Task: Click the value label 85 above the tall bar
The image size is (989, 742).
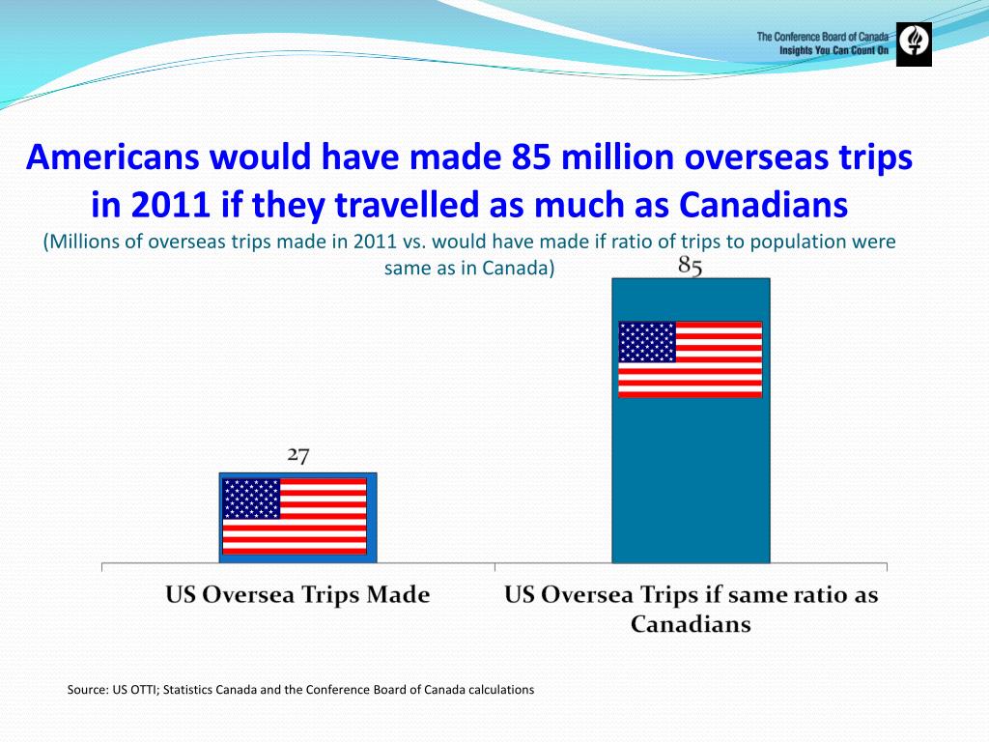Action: point(690,267)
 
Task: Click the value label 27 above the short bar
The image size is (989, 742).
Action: point(297,456)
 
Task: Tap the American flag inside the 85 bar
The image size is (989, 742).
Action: point(690,359)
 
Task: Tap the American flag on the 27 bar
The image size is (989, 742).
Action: point(295,516)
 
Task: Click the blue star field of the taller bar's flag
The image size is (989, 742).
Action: point(647,342)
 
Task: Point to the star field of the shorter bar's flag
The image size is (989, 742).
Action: point(251,499)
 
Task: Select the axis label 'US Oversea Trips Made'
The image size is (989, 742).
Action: point(297,595)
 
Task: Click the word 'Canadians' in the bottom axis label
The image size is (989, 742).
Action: point(691,624)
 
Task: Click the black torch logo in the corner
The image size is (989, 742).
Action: point(914,43)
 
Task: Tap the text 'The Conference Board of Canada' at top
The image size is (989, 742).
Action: point(822,37)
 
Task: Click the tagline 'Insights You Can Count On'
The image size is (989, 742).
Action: point(834,49)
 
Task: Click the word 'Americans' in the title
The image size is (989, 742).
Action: point(108,157)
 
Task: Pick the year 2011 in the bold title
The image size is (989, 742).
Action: point(155,204)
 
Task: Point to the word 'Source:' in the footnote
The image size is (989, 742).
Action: point(87,690)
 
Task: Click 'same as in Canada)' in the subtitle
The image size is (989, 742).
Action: point(469,268)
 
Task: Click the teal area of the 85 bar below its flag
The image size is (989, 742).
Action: point(690,483)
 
